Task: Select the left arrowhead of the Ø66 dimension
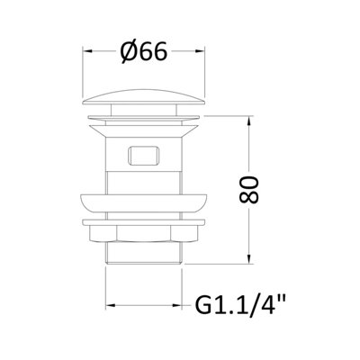(89, 53)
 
